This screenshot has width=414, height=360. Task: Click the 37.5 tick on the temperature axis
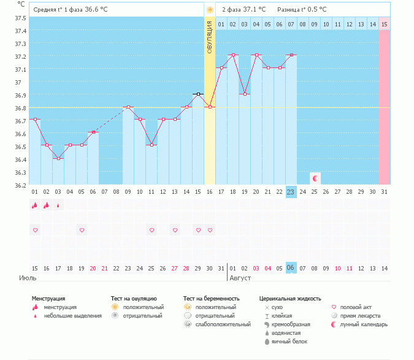click(x=20, y=18)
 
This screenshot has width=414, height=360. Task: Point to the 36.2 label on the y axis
click(x=20, y=185)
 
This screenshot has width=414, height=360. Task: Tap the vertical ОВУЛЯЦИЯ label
click(x=210, y=37)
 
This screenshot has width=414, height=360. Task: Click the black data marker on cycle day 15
click(x=197, y=94)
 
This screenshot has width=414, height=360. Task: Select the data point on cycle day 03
click(x=58, y=158)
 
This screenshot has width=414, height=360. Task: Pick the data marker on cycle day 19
click(x=244, y=94)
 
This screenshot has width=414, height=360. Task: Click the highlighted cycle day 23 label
click(x=291, y=192)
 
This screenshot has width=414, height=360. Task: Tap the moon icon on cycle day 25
click(x=315, y=178)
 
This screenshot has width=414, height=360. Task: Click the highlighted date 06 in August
click(x=291, y=268)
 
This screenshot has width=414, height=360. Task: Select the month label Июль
click(x=26, y=278)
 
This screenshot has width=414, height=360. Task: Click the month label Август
click(x=239, y=278)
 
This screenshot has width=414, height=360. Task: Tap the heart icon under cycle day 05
click(x=82, y=230)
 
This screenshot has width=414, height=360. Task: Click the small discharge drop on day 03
click(x=58, y=206)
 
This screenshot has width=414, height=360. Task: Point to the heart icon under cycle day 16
click(x=210, y=230)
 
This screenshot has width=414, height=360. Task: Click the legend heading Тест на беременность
click(x=212, y=299)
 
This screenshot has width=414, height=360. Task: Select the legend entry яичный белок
click(x=286, y=341)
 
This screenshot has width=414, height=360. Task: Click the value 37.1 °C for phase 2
click(x=253, y=10)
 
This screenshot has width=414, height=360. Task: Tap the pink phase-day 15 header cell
click(x=384, y=24)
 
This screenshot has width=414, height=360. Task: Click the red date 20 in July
click(x=93, y=268)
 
